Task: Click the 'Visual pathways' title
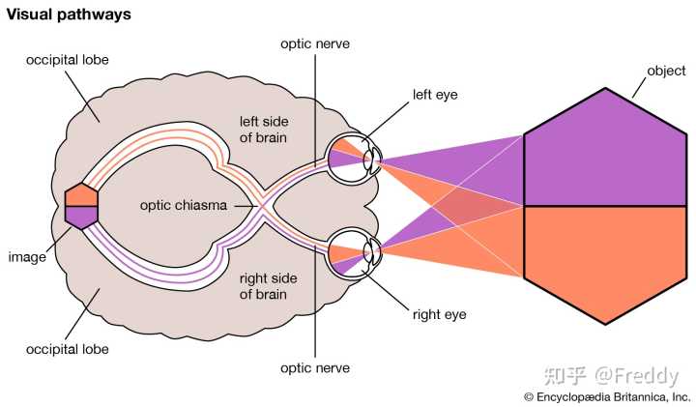click(x=69, y=15)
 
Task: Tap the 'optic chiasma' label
click(x=184, y=205)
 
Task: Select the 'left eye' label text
click(x=435, y=95)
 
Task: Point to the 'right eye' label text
click(x=440, y=314)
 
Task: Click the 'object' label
click(x=666, y=71)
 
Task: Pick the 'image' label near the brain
click(x=27, y=257)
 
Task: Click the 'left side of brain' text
click(x=264, y=130)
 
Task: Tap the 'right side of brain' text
click(x=268, y=286)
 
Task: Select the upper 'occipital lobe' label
click(x=68, y=60)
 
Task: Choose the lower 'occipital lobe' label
click(x=68, y=349)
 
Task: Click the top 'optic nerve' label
click(x=315, y=44)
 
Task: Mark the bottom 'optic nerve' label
click(x=315, y=368)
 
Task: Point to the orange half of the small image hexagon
click(x=81, y=195)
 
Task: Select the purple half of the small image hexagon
click(x=81, y=218)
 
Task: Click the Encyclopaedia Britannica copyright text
click(x=607, y=396)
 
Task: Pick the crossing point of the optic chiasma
click(x=263, y=206)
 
